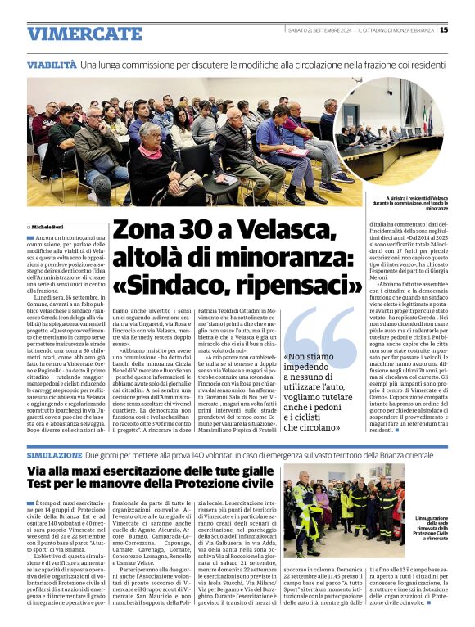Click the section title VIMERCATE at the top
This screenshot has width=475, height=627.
click(84, 34)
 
